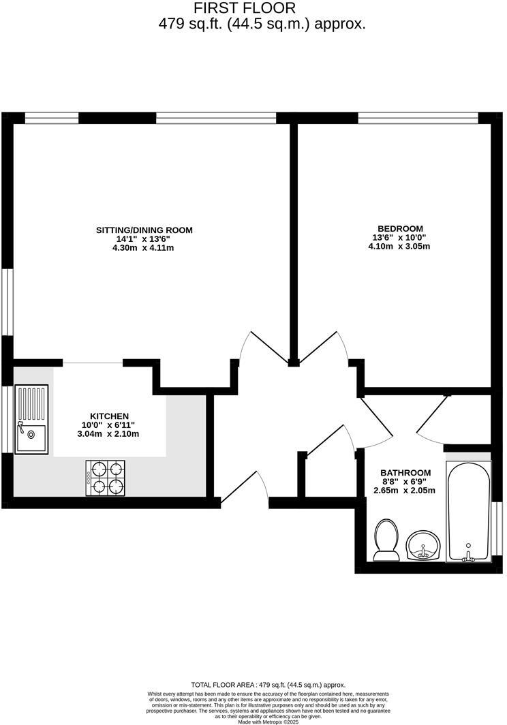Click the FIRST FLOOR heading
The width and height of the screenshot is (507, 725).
[245, 8]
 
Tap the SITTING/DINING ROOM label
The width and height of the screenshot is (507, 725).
[144, 230]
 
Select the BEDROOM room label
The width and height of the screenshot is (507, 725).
[400, 229]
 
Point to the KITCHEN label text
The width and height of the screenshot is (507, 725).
[110, 416]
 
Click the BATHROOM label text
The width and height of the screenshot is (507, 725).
[405, 473]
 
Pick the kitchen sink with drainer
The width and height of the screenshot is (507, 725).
[31, 419]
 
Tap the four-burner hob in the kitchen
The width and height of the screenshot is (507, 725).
[106, 478]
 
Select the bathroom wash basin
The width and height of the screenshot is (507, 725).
[423, 546]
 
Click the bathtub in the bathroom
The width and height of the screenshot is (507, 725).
[467, 511]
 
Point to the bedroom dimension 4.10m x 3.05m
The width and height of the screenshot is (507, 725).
[399, 247]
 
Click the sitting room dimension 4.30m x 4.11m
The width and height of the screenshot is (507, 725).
[144, 248]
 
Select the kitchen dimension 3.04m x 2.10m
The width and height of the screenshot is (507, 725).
[110, 434]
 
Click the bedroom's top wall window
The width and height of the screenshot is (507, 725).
[418, 119]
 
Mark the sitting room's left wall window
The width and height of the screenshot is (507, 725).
[7, 301]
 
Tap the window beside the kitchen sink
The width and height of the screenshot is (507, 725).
[7, 419]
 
